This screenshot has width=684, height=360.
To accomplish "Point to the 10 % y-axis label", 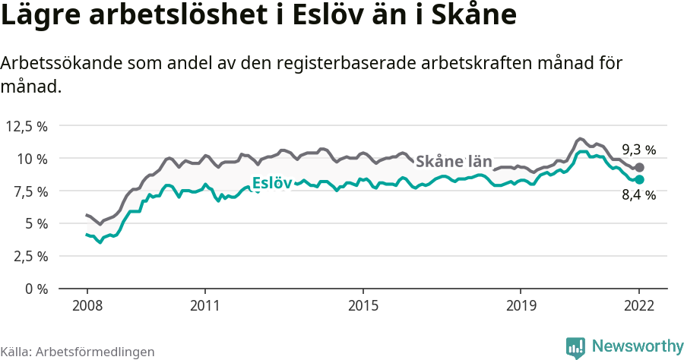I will click(x=32, y=159).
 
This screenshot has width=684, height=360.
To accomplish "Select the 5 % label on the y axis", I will click(x=35, y=224).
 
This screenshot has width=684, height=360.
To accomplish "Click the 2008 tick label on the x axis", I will click(x=87, y=305).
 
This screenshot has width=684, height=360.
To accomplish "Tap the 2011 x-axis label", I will click(x=205, y=305).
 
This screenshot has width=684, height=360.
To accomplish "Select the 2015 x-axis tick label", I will click(x=363, y=305).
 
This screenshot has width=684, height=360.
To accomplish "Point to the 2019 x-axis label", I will click(x=521, y=305).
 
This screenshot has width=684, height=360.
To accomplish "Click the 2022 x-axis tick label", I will click(x=639, y=305).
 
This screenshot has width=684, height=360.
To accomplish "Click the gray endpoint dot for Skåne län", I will click(x=639, y=167).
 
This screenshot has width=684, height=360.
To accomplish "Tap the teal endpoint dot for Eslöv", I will click(x=639, y=179).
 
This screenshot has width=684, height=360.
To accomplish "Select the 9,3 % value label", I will click(x=638, y=150).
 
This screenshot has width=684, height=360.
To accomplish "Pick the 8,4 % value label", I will click(x=638, y=195).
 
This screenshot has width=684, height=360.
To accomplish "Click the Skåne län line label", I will click(x=454, y=159).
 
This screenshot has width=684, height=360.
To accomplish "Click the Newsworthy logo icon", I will click(x=575, y=347).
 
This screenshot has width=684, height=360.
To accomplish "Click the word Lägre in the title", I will click(x=39, y=16).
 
